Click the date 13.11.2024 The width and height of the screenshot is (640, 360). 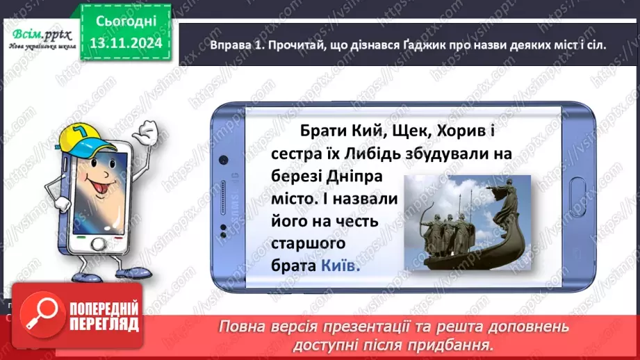click(125, 42)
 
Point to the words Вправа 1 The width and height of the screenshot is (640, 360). click(237, 43)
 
